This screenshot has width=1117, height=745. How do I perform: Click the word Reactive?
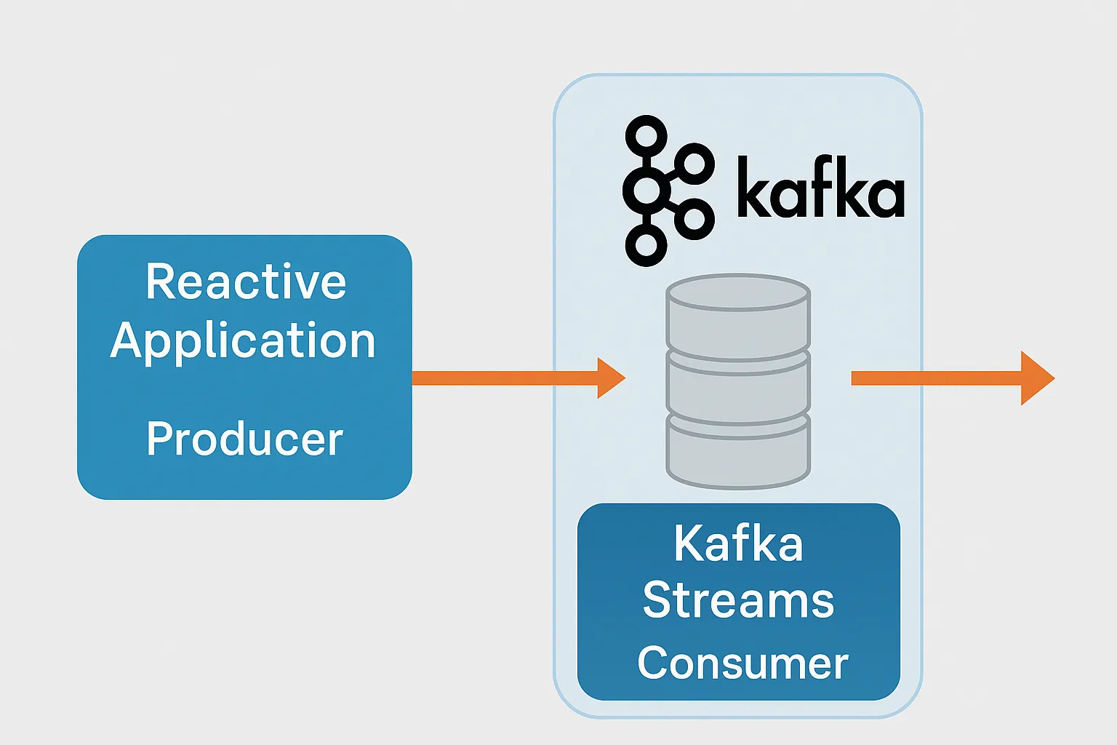pyautogui.click(x=246, y=282)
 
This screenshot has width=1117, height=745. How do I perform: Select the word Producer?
pyautogui.click(x=244, y=438)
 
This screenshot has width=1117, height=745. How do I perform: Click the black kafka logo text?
pyautogui.click(x=821, y=186)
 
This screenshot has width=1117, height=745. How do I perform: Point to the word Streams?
pyautogui.click(x=739, y=600)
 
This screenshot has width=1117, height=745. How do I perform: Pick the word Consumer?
pyautogui.click(x=742, y=663)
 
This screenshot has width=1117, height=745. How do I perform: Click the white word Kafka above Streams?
pyautogui.click(x=739, y=543)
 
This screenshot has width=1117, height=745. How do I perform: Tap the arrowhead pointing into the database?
pyautogui.click(x=612, y=378)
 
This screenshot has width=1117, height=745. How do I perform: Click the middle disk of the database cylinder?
pyautogui.click(x=738, y=387)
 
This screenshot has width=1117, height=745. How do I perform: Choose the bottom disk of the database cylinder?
pyautogui.click(x=738, y=452)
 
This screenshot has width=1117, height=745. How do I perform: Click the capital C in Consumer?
pyautogui.click(x=654, y=663)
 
